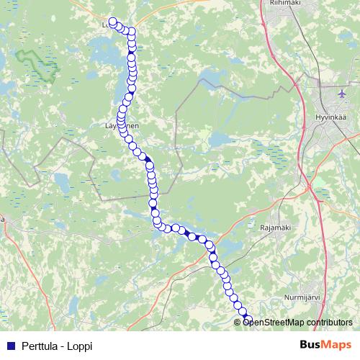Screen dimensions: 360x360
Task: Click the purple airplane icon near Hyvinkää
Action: [343, 94]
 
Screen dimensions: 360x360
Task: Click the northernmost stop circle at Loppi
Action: [112, 22]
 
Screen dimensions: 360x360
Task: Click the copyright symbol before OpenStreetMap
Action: [239, 322]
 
